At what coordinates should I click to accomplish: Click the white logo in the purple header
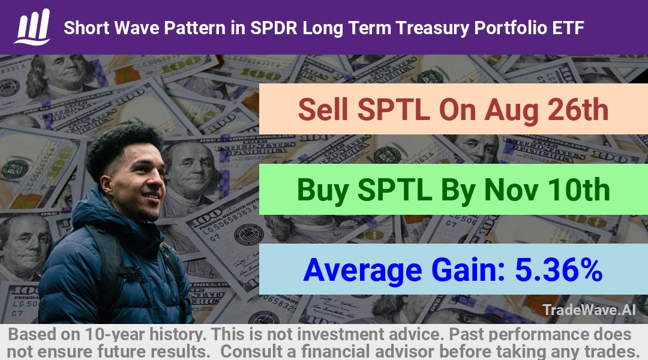32,27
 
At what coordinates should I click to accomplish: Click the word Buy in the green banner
322,191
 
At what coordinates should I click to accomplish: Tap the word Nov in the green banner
511,190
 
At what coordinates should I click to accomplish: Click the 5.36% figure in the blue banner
559,270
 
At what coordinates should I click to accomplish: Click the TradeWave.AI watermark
589,310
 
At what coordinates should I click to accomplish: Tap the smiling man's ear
107,184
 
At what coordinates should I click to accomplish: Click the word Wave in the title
137,28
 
